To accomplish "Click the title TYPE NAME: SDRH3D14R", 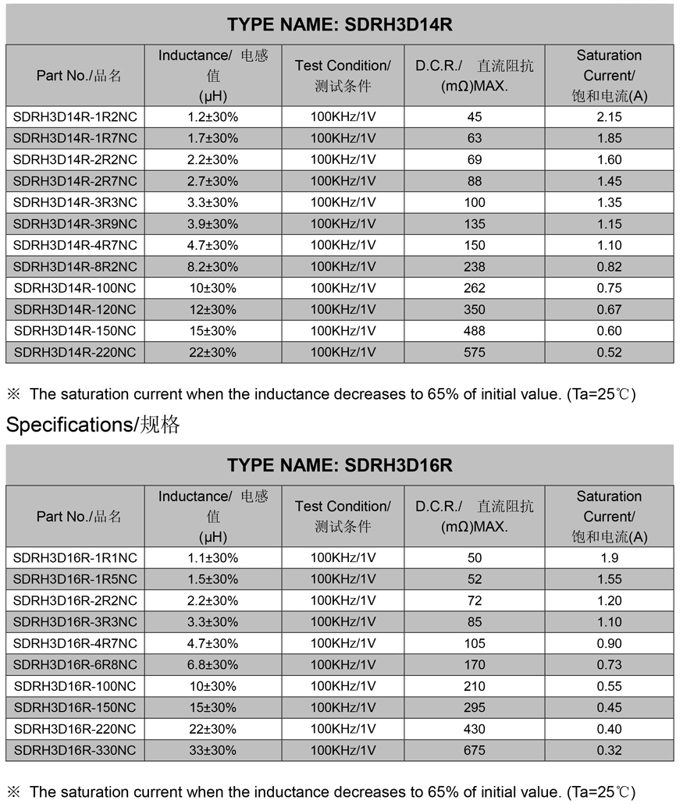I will tap(340, 24).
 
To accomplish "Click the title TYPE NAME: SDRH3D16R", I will tap(340, 465).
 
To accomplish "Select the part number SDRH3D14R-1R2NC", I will tap(75, 116).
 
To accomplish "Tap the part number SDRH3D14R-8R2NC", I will tap(75, 266).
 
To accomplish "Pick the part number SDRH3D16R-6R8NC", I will tap(75, 664).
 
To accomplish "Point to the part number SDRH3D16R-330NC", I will tap(75, 750).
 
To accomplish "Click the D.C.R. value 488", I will tap(474, 330).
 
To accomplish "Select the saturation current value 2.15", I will tap(609, 116).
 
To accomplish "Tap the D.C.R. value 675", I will tap(474, 750).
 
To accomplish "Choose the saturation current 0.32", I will tap(609, 750).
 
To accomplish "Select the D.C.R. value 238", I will tap(474, 266).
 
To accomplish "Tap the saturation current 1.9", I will tap(609, 557).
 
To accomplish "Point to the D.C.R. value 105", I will tap(474, 643).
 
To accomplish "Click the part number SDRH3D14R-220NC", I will tap(75, 352).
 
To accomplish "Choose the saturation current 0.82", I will tap(609, 266).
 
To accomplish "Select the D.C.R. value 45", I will tap(474, 116).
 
